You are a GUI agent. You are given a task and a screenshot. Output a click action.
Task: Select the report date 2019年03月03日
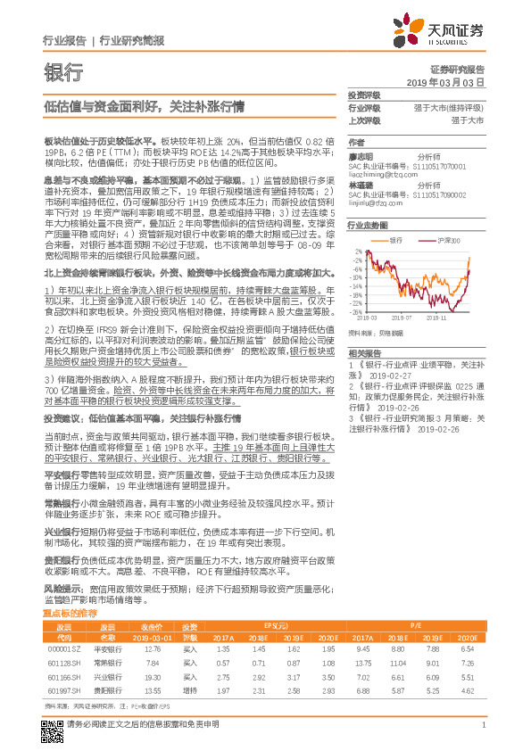coord(450,81)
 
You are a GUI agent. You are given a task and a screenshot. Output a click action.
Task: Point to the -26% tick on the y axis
coord(356,311)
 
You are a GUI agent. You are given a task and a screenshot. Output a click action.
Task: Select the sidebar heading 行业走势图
coord(365,227)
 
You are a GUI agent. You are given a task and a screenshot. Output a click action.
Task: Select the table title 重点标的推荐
coord(71,615)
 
